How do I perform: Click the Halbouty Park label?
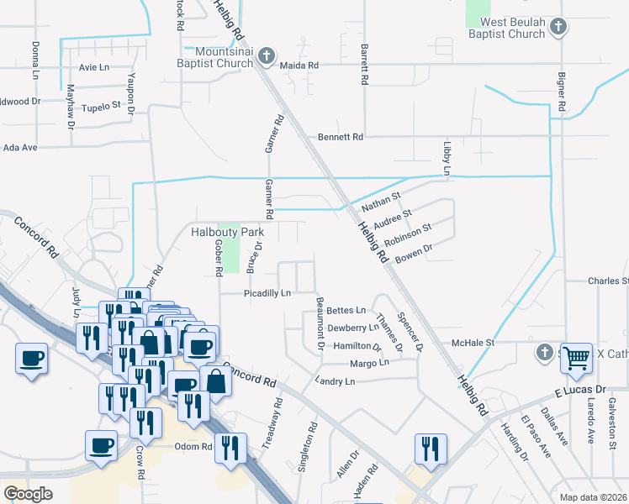[x=227, y=232]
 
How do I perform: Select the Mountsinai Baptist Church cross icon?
[x=266, y=57]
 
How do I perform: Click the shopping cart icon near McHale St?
[x=576, y=357]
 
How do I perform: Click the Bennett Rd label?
[x=340, y=136]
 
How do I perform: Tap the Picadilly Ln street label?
[x=267, y=293]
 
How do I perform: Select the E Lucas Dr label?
[x=579, y=391]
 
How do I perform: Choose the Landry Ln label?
[x=334, y=381]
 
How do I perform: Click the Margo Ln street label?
[x=369, y=363]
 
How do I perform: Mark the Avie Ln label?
[x=93, y=66]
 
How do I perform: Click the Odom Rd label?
[x=193, y=446]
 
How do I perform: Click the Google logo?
[x=28, y=494]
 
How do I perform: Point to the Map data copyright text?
[x=592, y=497]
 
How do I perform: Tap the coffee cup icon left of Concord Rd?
[x=31, y=359]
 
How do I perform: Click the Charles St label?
[x=608, y=281]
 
